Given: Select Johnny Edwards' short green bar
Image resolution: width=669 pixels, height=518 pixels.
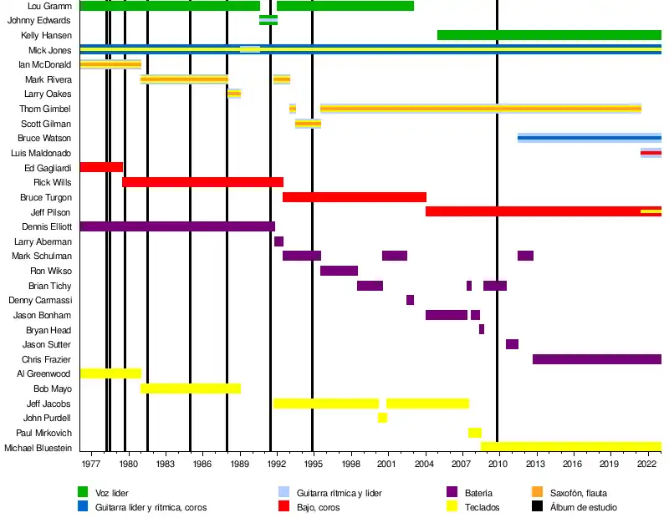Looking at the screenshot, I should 268,20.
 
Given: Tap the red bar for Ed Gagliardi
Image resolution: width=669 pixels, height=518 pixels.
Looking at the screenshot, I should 101,167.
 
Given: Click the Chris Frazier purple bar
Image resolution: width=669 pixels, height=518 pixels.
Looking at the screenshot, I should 596,359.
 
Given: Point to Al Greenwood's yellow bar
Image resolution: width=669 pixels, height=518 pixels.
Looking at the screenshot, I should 110,373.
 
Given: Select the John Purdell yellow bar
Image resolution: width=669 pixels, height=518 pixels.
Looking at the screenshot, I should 382,418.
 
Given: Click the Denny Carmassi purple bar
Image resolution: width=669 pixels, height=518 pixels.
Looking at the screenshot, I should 410,300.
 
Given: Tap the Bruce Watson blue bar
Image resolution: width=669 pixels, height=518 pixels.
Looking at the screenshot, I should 589,138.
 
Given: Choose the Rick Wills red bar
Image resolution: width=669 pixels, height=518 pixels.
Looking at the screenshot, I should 202,182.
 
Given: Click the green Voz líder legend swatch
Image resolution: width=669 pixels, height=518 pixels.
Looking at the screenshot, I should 83,493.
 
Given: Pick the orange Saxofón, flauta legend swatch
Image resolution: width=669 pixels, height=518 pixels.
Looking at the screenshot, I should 538,493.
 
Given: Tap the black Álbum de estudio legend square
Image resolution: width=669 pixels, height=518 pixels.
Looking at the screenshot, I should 538,507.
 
